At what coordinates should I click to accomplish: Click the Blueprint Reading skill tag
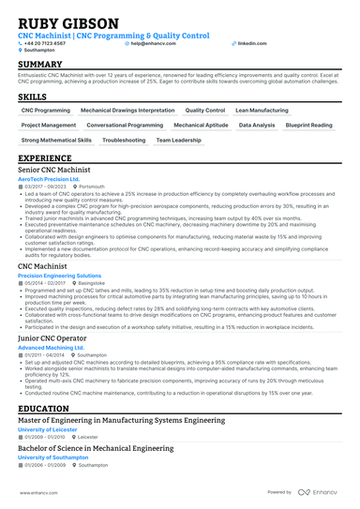click(x=308, y=125)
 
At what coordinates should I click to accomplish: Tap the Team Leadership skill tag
click(x=178, y=140)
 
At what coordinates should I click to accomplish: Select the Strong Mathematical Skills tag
click(x=56, y=140)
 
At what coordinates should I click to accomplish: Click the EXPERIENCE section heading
click(x=45, y=158)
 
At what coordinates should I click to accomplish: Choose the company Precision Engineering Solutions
click(x=60, y=277)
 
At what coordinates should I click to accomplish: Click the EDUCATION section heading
click(x=43, y=410)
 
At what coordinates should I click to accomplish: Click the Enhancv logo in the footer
click(x=317, y=491)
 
